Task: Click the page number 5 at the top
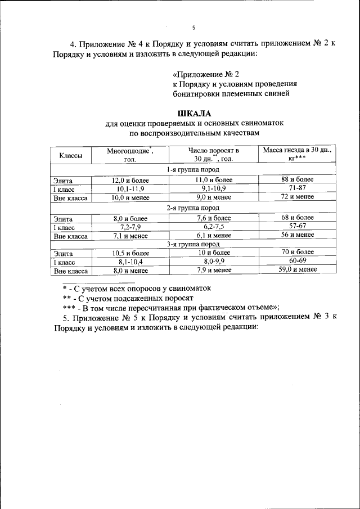click(x=193, y=27)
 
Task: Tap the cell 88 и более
click(x=298, y=179)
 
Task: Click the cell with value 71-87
click(x=298, y=188)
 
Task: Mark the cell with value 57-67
click(x=298, y=226)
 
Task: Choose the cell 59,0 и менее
click(x=298, y=269)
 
